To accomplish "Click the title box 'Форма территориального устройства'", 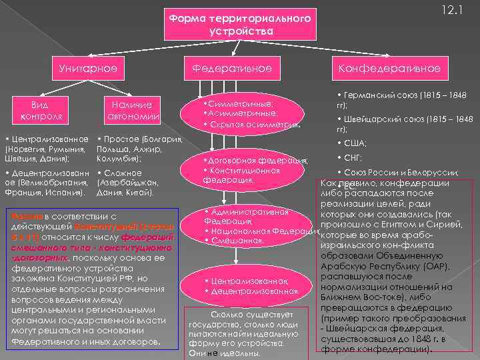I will pos(240,25).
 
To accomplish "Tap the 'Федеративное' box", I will pos(241,68).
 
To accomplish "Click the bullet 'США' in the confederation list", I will pos(356,143).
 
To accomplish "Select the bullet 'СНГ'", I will pos(355,158).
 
